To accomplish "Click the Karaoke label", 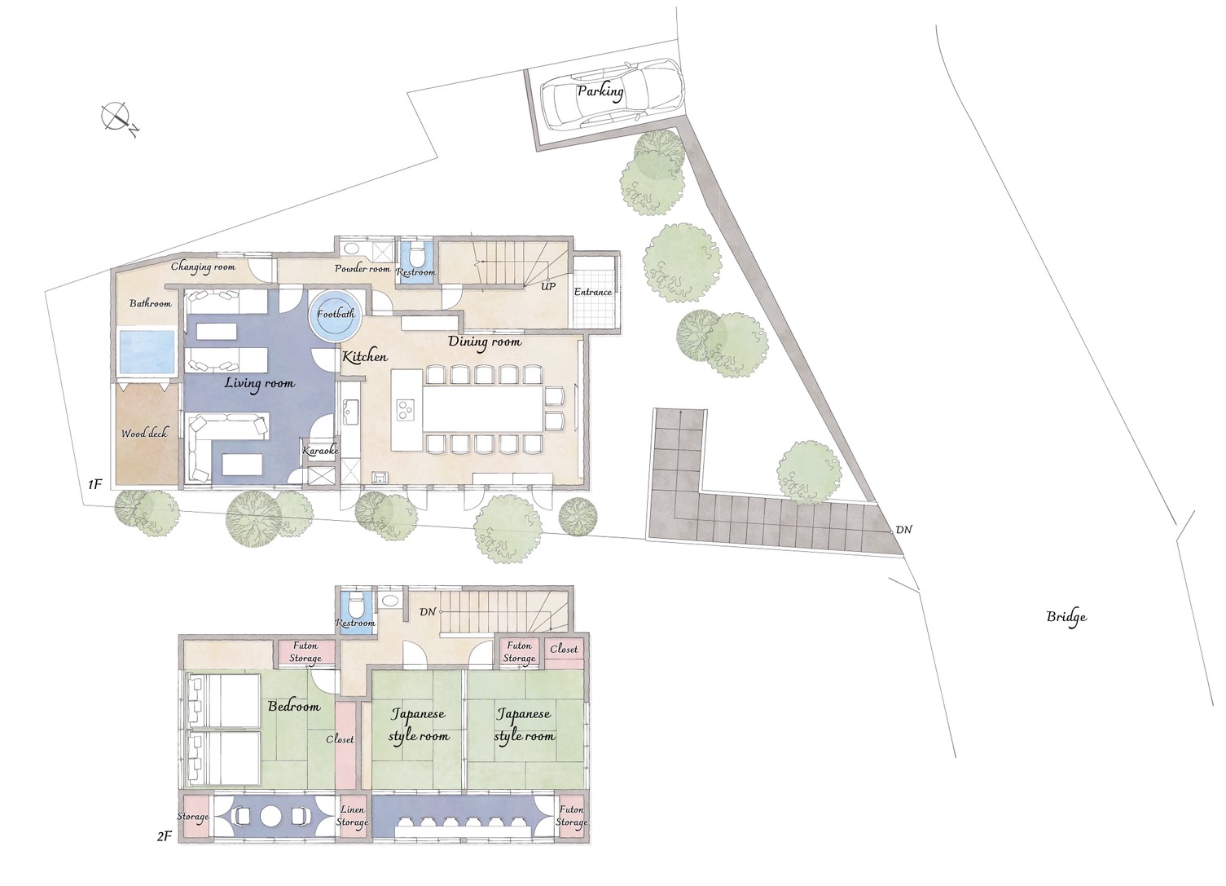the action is tap(321, 451).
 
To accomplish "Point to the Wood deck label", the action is tap(144, 433).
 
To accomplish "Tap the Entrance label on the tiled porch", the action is tap(593, 292).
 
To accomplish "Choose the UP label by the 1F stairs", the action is tap(548, 286).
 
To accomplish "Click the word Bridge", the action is tap(1066, 617).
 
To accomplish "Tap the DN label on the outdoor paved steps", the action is tap(903, 530).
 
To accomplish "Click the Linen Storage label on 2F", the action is tap(352, 815).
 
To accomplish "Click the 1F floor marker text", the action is tap(94, 485).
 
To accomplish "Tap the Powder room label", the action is tap(363, 269).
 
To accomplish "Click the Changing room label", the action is tap(203, 267).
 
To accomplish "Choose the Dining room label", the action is tap(485, 342).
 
